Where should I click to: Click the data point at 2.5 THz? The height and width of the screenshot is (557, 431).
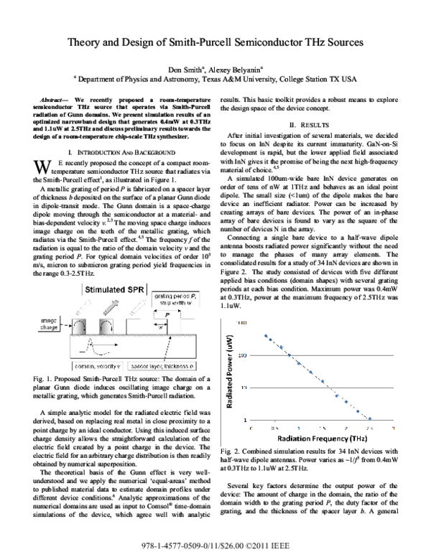pos(371,418)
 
